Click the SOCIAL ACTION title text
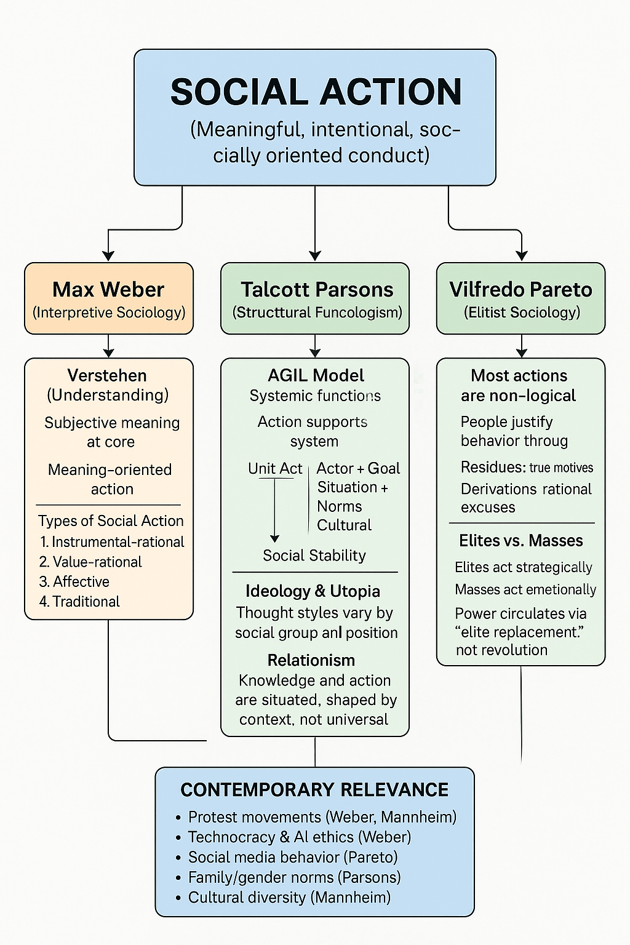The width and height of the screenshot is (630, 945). click(316, 92)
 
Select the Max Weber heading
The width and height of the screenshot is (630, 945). click(108, 289)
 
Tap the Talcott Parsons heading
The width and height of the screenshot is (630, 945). click(317, 289)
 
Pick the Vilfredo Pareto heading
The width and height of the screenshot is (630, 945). click(520, 289)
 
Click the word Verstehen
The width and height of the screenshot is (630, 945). click(107, 375)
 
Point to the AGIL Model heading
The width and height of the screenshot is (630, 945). click(316, 375)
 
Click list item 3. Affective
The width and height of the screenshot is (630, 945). click(74, 581)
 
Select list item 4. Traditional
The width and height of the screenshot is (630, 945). click(79, 601)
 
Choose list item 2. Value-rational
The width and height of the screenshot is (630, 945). click(90, 562)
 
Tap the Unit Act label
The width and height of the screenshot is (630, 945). click(275, 468)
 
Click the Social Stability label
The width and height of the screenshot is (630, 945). click(314, 556)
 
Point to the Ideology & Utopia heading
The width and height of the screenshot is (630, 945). click(313, 591)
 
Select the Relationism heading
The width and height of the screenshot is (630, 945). click(311, 660)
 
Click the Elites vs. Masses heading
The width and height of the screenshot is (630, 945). click(521, 541)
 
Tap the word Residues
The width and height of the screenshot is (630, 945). click(492, 467)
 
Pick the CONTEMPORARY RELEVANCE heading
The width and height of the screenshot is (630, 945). click(314, 789)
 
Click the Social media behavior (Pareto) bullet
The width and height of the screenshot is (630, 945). click(293, 857)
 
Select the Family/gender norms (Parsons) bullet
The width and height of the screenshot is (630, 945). click(294, 877)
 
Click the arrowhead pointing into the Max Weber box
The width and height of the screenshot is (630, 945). click(108, 255)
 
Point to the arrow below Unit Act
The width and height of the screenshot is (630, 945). click(275, 511)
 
